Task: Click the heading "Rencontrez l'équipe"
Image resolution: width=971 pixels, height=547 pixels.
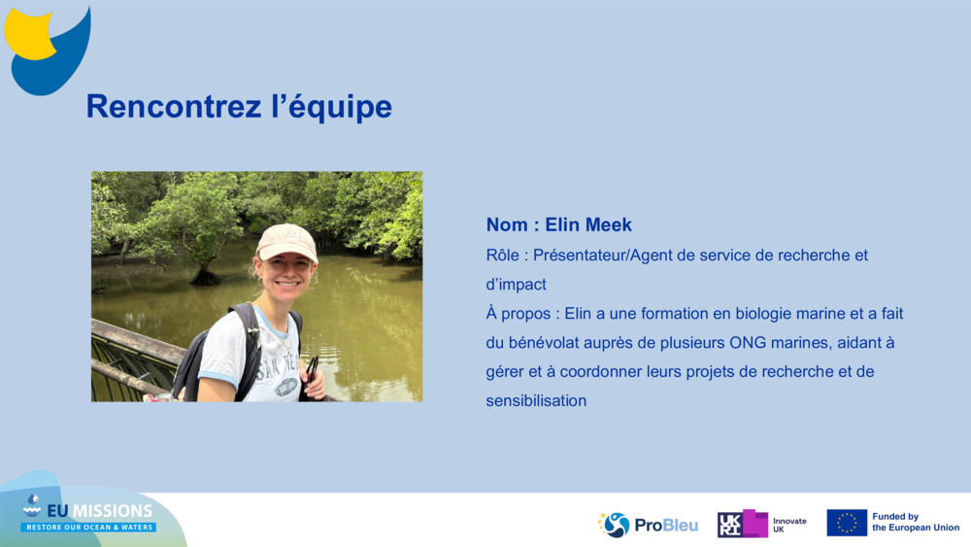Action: [x=239, y=107]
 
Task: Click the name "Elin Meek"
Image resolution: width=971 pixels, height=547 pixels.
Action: [x=588, y=225]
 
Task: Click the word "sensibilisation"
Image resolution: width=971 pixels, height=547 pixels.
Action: [x=536, y=400]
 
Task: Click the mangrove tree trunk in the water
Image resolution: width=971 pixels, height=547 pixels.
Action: [x=205, y=273]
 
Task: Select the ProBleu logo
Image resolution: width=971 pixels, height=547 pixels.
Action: [x=648, y=525]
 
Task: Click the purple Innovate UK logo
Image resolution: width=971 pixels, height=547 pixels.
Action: [x=744, y=524]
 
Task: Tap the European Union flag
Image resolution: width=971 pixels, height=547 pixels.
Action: [x=847, y=523]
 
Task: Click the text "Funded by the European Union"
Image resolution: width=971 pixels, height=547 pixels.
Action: [x=915, y=523]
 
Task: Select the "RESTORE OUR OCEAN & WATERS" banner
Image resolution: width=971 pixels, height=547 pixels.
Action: [x=89, y=527]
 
